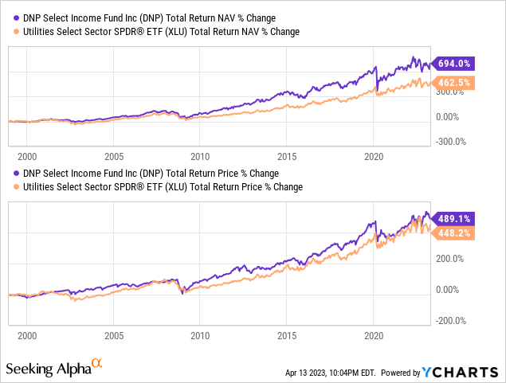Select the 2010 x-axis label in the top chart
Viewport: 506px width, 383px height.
(200, 157)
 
